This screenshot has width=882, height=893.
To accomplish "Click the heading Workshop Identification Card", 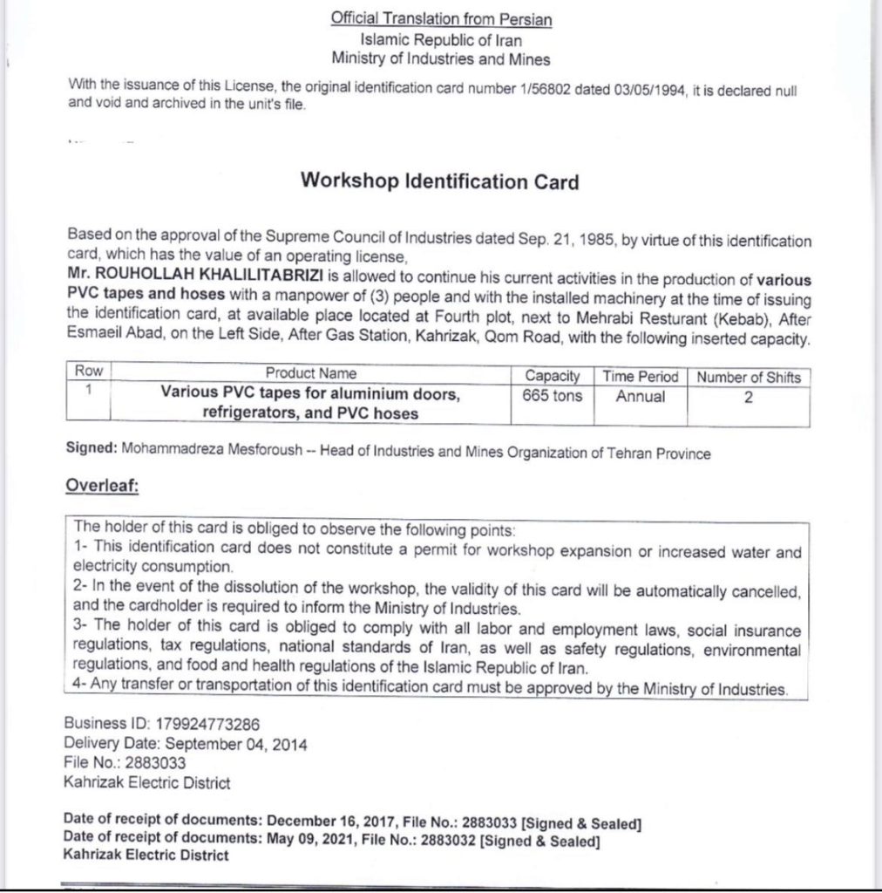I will coord(439,181).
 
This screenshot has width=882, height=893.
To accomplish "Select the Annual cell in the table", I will coord(640,396).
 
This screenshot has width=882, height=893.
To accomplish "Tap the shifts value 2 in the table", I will coord(748,396).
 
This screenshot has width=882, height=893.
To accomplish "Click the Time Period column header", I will coord(640,376).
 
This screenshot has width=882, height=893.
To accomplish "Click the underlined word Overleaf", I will coord(102,487).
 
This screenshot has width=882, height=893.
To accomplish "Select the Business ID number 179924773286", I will coord(201,724).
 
